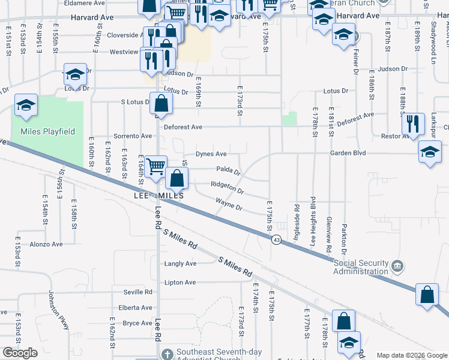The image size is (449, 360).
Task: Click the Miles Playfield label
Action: tap(47, 131)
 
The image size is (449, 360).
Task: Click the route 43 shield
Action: tap(276, 239)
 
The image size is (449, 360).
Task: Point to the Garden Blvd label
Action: tap(347, 153)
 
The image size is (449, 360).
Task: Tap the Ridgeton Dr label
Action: tap(227, 188)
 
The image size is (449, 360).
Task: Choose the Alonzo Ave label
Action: tap(46, 244)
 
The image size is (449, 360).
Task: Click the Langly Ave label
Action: tap(180, 263)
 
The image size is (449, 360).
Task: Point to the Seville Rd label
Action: tap(137, 292)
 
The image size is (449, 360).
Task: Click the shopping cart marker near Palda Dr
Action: tap(156, 166)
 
